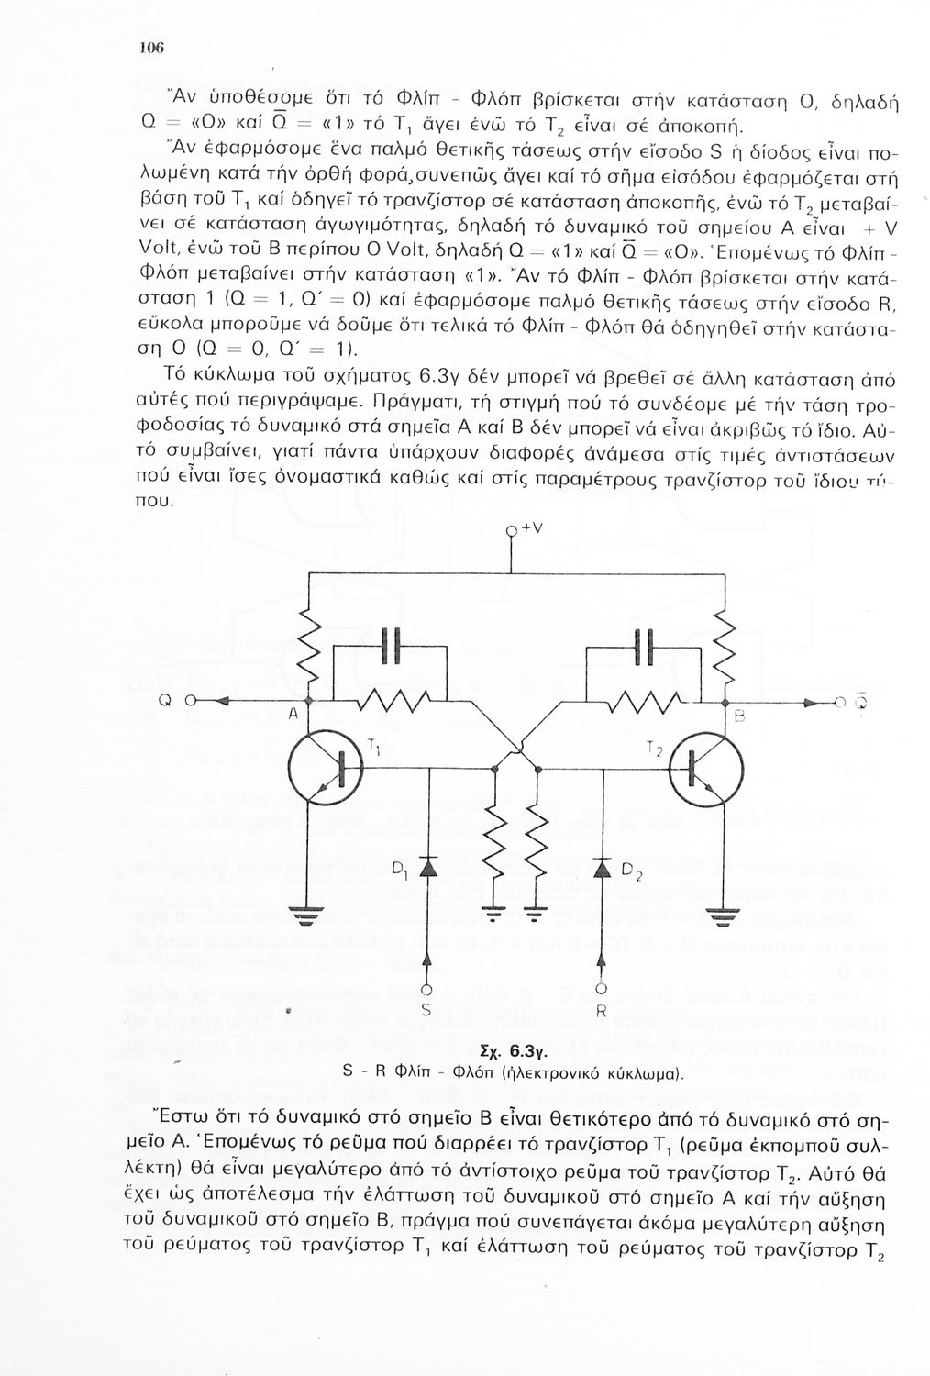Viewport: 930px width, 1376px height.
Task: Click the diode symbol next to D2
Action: [x=602, y=867]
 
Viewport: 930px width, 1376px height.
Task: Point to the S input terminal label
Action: [x=426, y=1007]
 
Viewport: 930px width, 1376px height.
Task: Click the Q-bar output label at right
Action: [x=860, y=701]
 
